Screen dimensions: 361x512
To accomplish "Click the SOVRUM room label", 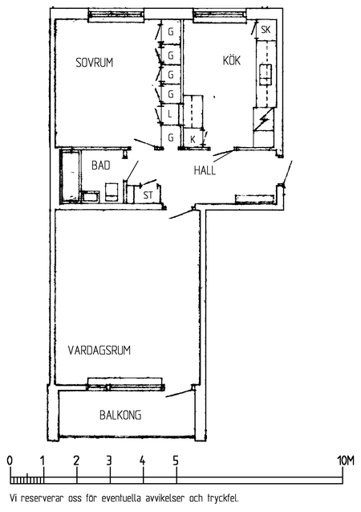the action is [x=95, y=63].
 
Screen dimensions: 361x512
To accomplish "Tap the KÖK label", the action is [x=232, y=60].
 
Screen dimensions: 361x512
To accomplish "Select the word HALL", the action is [x=205, y=170].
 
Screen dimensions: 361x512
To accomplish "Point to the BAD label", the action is [x=100, y=166].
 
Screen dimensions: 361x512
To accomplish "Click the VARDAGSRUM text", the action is [x=99, y=350].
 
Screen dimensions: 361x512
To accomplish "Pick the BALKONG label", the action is [x=120, y=415].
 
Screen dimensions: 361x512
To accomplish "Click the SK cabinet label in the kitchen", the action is [x=266, y=30].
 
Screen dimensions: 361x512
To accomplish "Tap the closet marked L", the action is [x=171, y=114].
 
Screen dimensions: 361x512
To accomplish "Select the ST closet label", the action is [x=148, y=195].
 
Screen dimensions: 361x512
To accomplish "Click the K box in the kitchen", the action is [x=193, y=138].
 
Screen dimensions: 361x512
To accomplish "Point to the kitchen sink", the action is [x=266, y=75].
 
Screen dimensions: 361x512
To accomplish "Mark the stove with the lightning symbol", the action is [x=263, y=120].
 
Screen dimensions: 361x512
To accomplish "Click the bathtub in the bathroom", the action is [x=71, y=176].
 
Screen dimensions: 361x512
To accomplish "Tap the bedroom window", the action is [x=116, y=16].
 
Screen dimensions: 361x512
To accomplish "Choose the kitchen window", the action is [x=220, y=16].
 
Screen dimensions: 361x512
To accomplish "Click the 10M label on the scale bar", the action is [x=346, y=461].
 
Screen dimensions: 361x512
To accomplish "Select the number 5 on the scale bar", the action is [x=176, y=461].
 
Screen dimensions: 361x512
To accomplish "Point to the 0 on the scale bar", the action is [x=10, y=461].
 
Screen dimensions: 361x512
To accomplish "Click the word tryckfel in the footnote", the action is [x=223, y=498].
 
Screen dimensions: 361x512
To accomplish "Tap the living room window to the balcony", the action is [x=126, y=384].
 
